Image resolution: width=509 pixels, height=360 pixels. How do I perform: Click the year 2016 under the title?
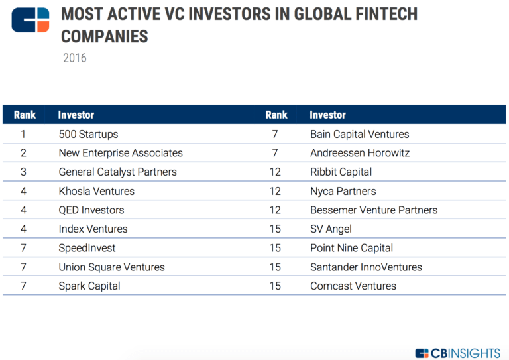pos(74,58)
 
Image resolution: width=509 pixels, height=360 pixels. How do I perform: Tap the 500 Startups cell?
pos(88,134)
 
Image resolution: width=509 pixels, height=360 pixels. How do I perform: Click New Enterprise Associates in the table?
pos(121,153)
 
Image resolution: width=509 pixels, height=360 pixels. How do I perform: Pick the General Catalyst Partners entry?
pos(117,172)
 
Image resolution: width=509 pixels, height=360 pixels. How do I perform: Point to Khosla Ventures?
pos(96,191)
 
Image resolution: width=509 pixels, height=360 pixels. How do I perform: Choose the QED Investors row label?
pos(91,210)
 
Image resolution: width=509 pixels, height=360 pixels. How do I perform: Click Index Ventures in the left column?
pos(93,229)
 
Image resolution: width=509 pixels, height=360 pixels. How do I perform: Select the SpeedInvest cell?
pos(87,248)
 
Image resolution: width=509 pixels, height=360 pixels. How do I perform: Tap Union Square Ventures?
pos(111,267)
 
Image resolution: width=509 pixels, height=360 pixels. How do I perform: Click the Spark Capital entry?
pos(89,286)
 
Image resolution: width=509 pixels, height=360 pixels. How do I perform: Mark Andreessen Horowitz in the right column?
pos(360,153)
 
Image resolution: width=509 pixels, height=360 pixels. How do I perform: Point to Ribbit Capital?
pos(341,172)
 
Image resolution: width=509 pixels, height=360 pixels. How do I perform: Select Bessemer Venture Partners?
pos(374,210)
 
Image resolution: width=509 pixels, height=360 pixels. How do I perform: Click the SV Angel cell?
pos(331,229)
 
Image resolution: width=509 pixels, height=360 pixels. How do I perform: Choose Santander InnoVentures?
pos(366,267)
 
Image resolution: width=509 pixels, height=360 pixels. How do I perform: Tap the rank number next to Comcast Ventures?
pos(275,286)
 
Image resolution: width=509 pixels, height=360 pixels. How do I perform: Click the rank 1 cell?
pos(23,134)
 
